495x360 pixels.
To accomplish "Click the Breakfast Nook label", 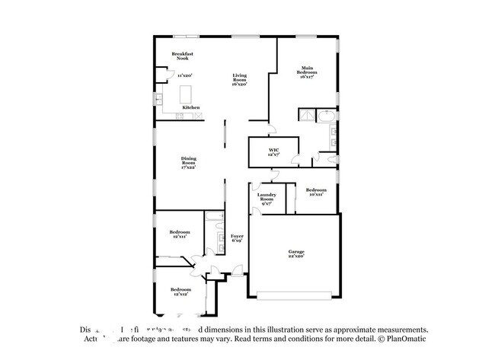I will click(x=183, y=56).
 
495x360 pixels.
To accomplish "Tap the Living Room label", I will click(x=239, y=77).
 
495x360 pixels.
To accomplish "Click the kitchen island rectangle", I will click(x=185, y=94).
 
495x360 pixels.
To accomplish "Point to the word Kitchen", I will click(x=191, y=108).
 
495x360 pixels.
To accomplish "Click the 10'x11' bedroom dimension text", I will click(x=316, y=195).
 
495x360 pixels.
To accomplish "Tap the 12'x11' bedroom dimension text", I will click(x=180, y=237).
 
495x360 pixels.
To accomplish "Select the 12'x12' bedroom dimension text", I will click(x=180, y=295).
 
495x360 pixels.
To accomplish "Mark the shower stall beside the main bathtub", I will click(x=306, y=116).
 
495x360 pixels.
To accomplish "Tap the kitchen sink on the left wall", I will click(x=159, y=98).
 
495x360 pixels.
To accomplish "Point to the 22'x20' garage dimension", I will click(x=295, y=256).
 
